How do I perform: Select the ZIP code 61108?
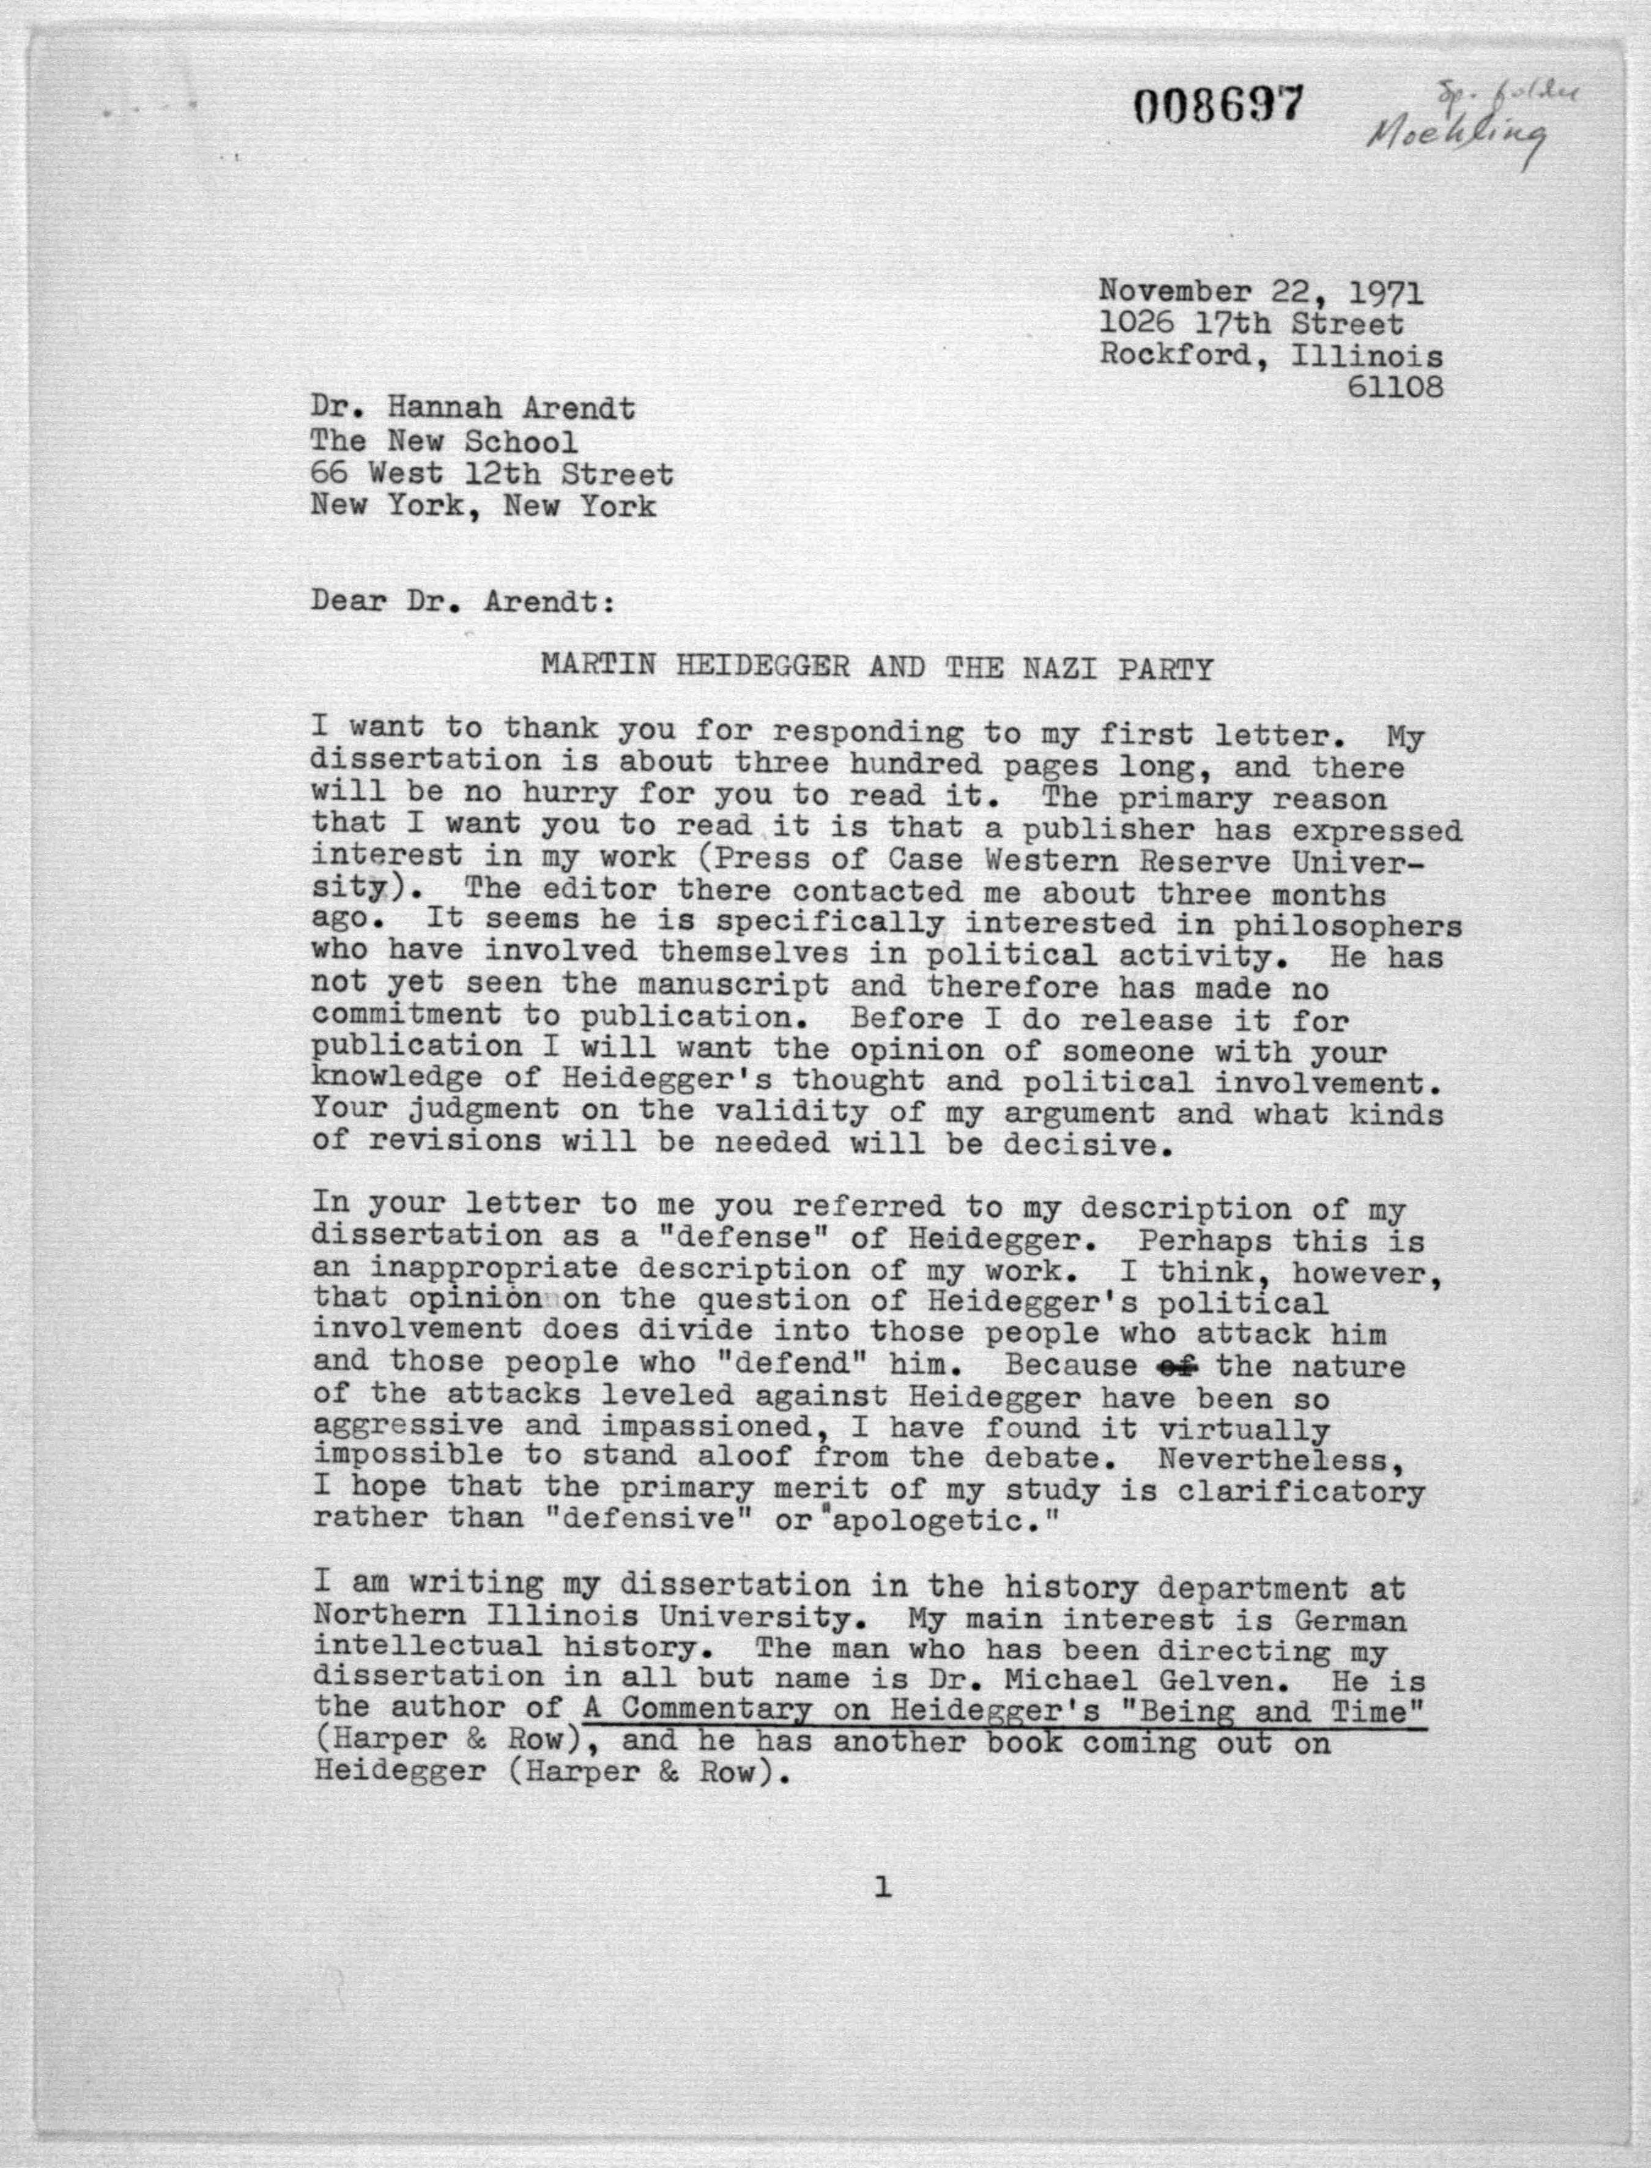(1395, 387)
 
